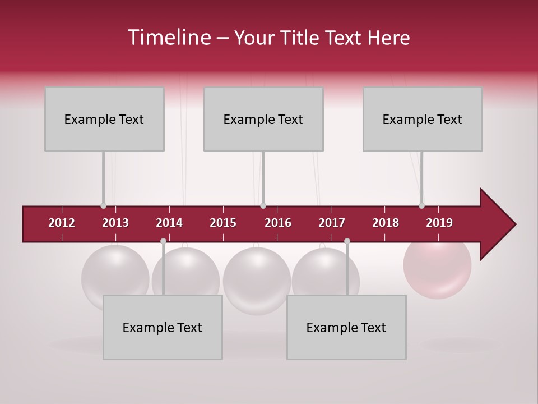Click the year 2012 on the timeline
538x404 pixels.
point(62,223)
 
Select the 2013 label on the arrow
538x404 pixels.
point(115,223)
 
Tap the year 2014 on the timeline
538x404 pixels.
point(169,223)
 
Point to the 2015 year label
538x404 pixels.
point(223,223)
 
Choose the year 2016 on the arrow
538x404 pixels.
point(278,223)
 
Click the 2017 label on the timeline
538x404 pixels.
point(332,223)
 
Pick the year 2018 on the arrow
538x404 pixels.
point(386,223)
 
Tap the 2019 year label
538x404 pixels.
point(439,223)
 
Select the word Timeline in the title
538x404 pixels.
point(168,38)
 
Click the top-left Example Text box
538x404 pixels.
point(104,119)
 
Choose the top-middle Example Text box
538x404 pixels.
point(263,119)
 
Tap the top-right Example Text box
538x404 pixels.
point(423,119)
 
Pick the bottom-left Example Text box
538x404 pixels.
point(163,327)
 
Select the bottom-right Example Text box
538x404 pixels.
point(346,327)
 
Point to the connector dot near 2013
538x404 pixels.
point(103,205)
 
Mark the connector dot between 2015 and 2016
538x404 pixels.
point(263,205)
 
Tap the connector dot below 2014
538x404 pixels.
point(163,241)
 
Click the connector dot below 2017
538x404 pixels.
point(347,241)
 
